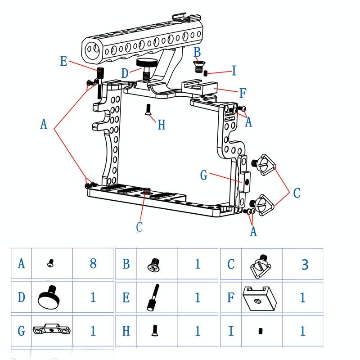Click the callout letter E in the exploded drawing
[63, 61]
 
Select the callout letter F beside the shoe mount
[243, 93]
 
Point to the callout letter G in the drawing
[204, 175]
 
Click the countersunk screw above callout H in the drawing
[148, 109]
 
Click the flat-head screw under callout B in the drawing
[198, 67]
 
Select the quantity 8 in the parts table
[93, 263]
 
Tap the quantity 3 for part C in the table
[305, 264]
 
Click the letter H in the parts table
[126, 332]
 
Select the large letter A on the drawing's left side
[43, 124]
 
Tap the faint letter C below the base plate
[139, 227]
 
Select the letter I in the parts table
[230, 332]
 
